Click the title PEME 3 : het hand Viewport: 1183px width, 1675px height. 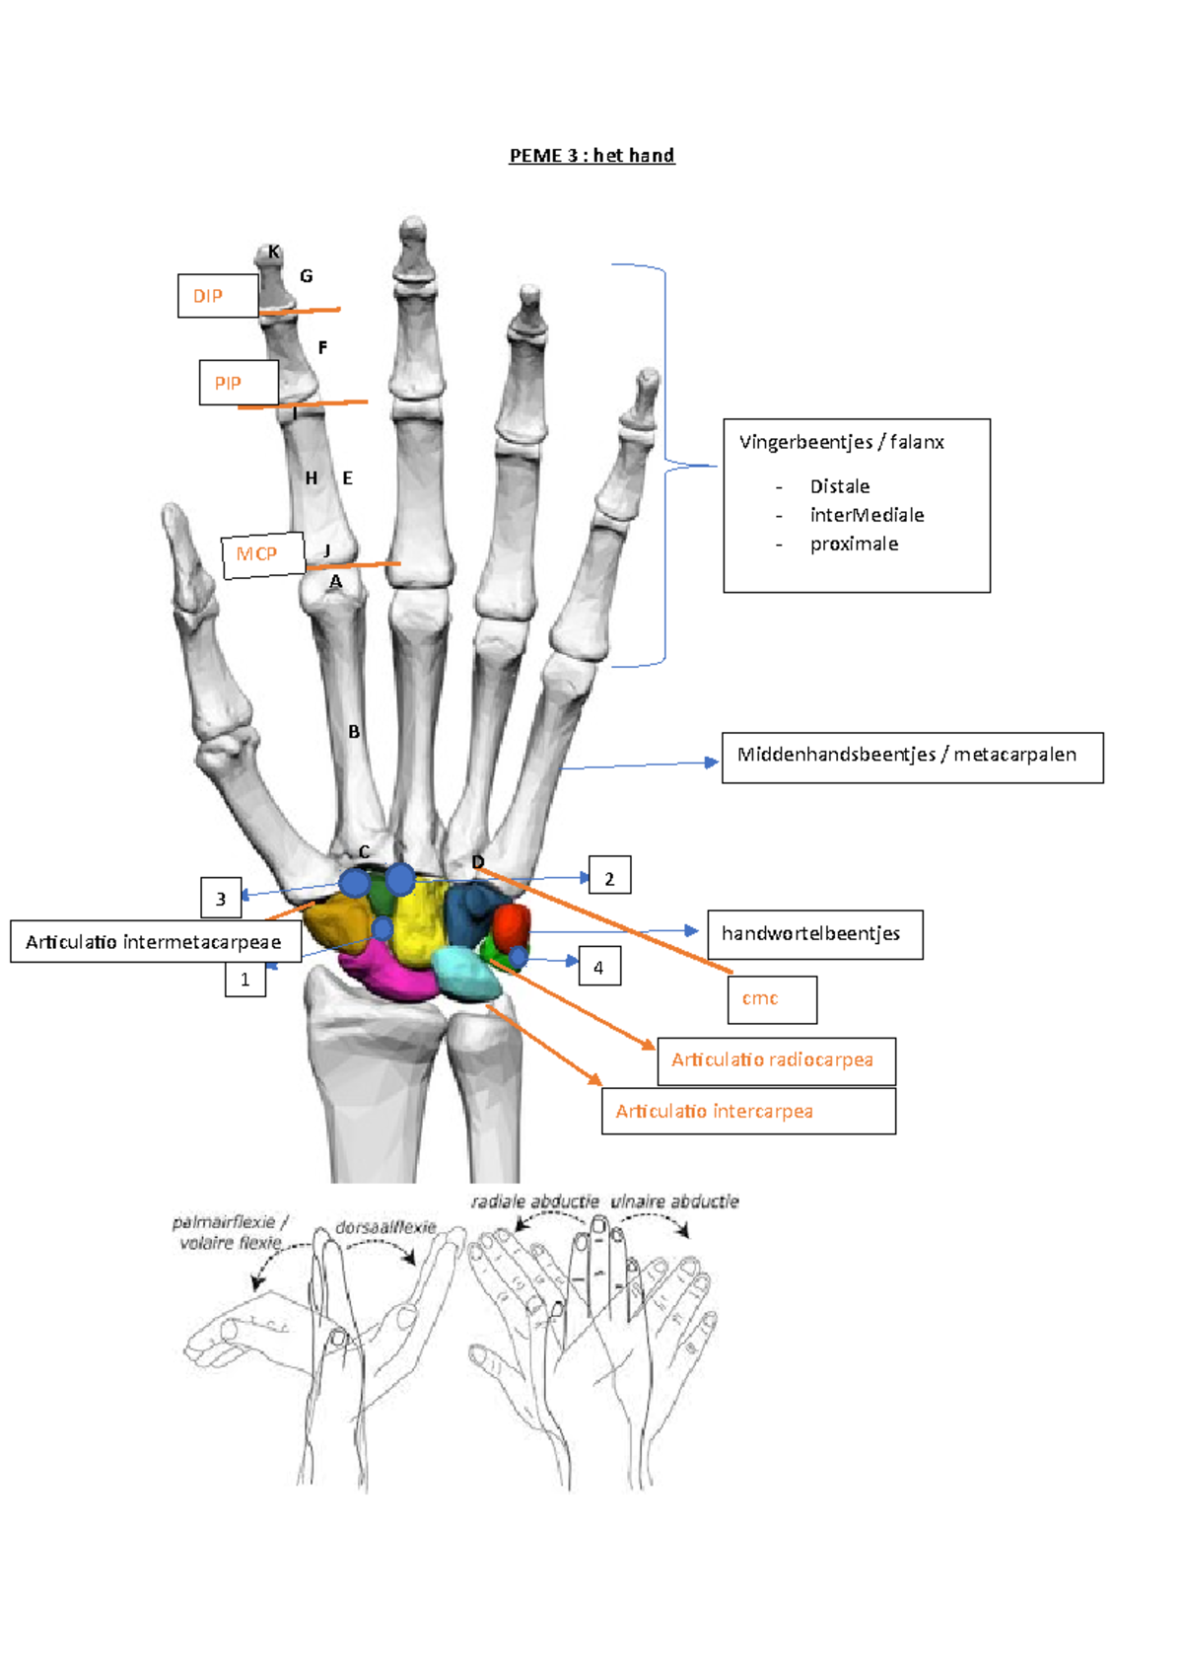(x=591, y=156)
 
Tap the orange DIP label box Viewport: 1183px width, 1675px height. (x=218, y=296)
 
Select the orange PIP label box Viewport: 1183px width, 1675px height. (x=239, y=383)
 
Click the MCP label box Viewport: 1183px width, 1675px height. (x=262, y=555)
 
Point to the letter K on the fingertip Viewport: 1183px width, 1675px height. (x=274, y=253)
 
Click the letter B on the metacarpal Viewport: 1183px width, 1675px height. (x=353, y=732)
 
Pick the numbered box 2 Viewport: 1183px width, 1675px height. (x=609, y=876)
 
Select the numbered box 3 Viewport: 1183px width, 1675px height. (x=221, y=898)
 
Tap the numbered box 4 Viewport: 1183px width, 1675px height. (x=598, y=967)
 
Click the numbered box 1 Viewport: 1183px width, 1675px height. (x=244, y=980)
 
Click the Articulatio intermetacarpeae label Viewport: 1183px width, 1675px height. (x=155, y=942)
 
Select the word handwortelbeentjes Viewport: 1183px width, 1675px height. (x=811, y=933)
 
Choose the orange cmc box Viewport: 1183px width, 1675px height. (x=772, y=999)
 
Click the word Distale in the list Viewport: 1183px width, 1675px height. (x=840, y=486)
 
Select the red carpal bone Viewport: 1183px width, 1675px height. (x=511, y=926)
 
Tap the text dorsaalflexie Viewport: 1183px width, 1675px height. (x=385, y=1227)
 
